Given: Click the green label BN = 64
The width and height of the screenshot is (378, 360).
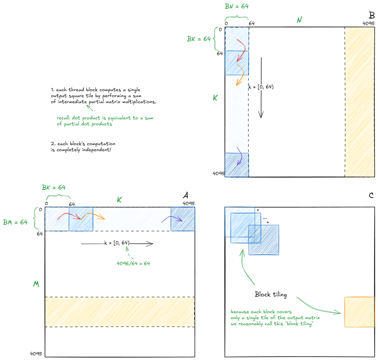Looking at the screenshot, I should pos(237,6).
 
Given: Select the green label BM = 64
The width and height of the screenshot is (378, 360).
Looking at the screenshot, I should pos(15,222).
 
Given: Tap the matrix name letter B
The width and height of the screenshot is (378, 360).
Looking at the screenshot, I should pos(372,15).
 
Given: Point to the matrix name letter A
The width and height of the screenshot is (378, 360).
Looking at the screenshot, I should pos(186,195).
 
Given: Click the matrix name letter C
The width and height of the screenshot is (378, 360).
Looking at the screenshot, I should pos(371,196).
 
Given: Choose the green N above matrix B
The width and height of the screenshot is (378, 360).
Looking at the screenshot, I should pos(299,20).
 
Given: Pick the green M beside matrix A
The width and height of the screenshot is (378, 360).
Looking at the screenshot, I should pos(36,284).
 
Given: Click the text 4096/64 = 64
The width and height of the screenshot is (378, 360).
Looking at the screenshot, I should pos(133,263).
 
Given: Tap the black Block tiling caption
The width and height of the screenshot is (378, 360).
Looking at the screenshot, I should pos(271,294).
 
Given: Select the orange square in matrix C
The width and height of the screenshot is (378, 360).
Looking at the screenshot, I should pos(359,312).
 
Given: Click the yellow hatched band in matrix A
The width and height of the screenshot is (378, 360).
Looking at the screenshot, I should pos(120,312).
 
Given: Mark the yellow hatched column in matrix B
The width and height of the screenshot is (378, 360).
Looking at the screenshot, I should pos(359,102).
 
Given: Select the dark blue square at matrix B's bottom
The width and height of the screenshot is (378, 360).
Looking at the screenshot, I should pos(237,165).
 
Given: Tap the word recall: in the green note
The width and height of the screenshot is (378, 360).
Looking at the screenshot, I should pos(64,118).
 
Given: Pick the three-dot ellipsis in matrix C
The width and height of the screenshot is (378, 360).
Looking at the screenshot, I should pos(265,218).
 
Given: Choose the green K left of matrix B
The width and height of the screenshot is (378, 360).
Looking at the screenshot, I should pos(215,98).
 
